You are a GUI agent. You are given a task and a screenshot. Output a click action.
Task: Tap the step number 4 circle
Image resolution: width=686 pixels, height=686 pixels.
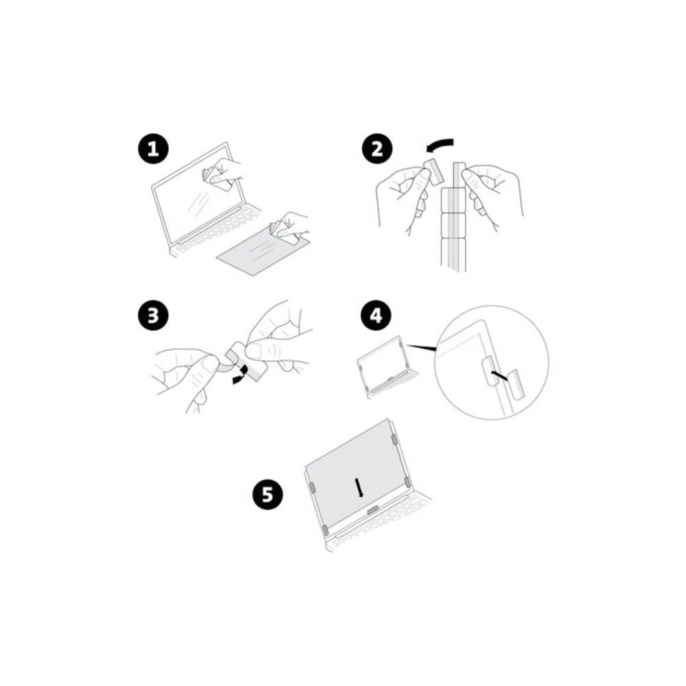pos(377,317)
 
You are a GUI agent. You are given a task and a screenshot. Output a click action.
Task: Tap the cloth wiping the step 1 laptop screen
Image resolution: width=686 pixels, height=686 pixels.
pos(217,177)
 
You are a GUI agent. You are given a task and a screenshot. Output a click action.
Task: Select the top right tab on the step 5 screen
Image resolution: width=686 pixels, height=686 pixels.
pos(394,439)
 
